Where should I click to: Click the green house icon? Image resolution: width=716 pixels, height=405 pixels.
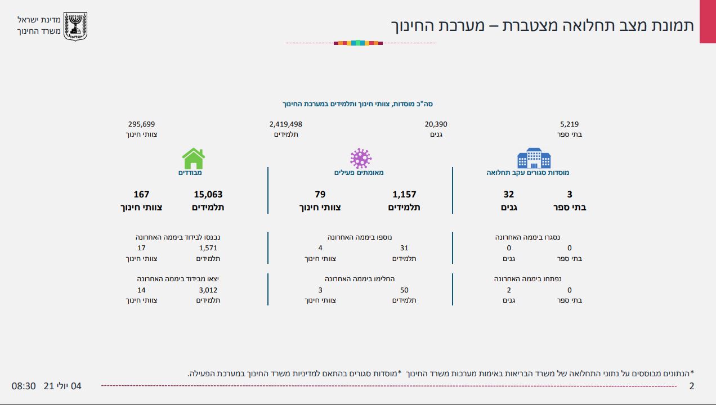(193, 159)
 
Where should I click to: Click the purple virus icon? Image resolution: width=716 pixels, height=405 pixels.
(361, 159)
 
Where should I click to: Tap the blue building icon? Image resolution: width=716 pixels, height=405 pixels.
(534, 159)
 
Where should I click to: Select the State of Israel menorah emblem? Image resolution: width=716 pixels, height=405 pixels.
(75, 26)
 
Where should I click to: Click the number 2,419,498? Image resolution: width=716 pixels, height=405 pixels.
(286, 124)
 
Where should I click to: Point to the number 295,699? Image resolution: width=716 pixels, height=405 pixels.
(141, 124)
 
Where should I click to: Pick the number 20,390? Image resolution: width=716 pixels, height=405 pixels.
(436, 124)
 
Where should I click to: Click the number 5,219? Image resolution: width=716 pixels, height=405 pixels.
(570, 124)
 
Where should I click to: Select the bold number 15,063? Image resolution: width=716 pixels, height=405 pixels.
(208, 195)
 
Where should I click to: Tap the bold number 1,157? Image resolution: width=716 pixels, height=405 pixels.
(404, 195)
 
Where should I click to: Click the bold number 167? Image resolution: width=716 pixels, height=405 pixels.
(141, 195)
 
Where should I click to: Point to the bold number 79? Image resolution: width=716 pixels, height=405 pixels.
(320, 195)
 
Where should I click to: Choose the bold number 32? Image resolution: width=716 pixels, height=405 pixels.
(509, 195)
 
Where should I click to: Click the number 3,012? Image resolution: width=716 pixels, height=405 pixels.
(208, 290)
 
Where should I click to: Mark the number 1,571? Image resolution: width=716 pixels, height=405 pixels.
(208, 248)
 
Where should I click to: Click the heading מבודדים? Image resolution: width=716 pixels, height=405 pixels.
(190, 173)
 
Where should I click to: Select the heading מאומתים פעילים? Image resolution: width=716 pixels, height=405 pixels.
(359, 173)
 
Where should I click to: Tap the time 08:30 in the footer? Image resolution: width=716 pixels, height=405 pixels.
(24, 386)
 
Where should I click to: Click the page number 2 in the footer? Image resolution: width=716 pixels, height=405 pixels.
(692, 386)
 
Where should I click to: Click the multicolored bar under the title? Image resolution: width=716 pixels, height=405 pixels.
(358, 43)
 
